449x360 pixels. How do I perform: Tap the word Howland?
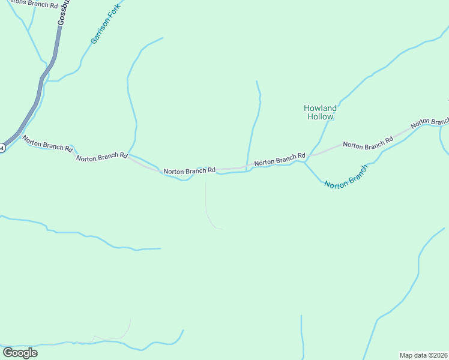pos(320,109)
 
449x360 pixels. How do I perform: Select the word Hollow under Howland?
pos(320,117)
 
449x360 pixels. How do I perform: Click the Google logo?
pos(20,353)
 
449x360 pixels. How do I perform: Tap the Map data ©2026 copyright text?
pos(424,355)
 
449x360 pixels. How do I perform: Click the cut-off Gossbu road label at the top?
pos(62,12)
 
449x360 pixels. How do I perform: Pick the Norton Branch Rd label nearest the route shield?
pos(47,143)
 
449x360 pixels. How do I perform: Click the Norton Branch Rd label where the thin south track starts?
pos(189,171)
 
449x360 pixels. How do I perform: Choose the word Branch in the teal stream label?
pos(354,172)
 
